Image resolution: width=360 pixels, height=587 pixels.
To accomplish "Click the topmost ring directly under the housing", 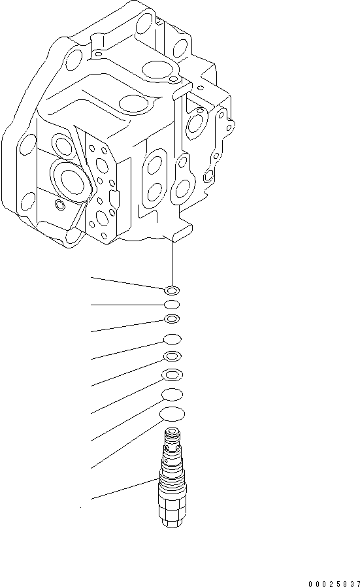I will [172, 289].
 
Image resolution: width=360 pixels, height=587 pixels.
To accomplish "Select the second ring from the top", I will [172, 305].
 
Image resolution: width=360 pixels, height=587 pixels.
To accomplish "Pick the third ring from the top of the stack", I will [172, 319].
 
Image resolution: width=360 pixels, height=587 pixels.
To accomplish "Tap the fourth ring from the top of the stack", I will [172, 339].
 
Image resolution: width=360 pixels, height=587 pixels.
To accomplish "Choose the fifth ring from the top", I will [172, 356].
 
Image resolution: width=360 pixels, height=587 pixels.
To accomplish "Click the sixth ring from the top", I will [172, 375].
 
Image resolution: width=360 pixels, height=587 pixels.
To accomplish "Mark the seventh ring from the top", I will [172, 394].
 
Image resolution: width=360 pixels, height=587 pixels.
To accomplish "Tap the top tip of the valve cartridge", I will [172, 434].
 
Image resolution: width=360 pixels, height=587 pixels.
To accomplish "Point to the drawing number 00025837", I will [334, 582].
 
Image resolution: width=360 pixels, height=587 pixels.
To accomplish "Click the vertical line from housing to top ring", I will [172, 261].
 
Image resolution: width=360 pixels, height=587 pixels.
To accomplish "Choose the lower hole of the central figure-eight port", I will [155, 192].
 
